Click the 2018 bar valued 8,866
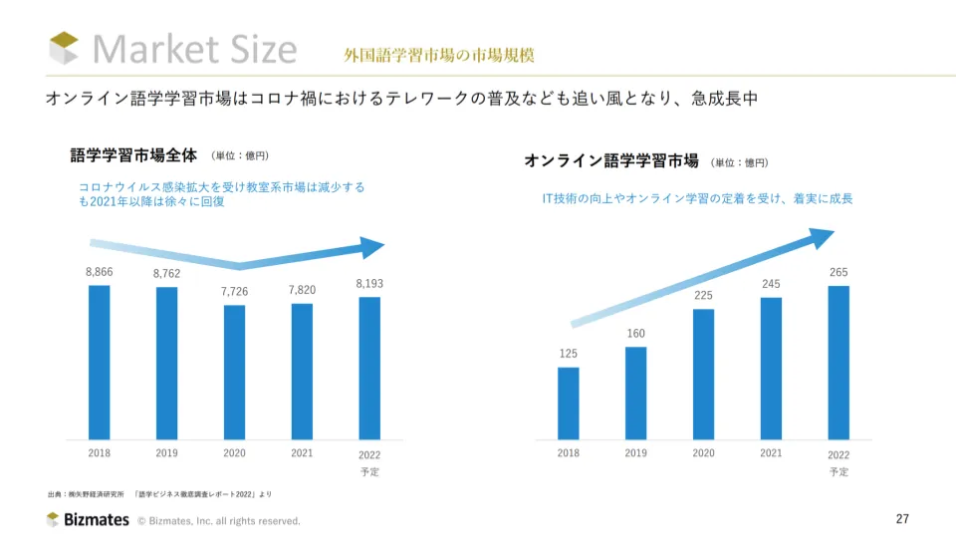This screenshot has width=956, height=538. coord(99,362)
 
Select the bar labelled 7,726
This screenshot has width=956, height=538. coord(234,372)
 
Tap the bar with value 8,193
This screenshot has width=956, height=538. coord(368,368)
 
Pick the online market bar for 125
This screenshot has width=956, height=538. coord(569,403)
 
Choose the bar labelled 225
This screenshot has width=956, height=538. coord(703,374)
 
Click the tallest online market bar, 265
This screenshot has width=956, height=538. coord(838,362)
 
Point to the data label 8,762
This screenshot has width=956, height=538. coord(166,273)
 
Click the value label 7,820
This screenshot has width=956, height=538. coord(302,289)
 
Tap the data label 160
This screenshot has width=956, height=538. coord(636,333)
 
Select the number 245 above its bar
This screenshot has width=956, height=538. coord(771,284)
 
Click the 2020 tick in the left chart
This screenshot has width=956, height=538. coord(234,452)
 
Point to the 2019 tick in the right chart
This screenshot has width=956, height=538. coord(636,453)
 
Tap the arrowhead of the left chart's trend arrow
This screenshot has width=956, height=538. coord(372,248)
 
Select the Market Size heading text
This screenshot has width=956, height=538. coord(195,49)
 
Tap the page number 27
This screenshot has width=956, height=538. coord(903,518)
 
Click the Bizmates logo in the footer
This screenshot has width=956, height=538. coord(88,519)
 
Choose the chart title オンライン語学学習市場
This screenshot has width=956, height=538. coord(611,160)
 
